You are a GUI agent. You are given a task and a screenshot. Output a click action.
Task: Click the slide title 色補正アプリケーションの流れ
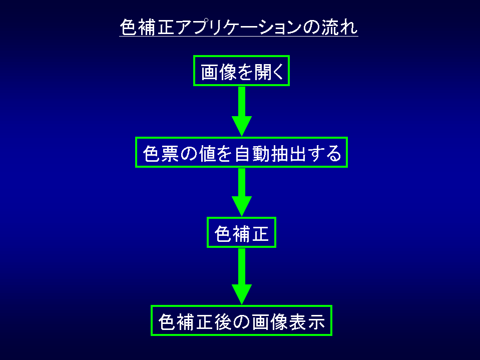tap(239, 27)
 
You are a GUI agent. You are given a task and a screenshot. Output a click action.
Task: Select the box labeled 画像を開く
tap(241, 71)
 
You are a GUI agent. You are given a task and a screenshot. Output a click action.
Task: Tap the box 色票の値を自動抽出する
tap(241, 152)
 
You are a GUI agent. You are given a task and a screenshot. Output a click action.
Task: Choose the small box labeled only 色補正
tap(241, 232)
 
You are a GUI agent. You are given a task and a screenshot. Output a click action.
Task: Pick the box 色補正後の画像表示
tap(241, 321)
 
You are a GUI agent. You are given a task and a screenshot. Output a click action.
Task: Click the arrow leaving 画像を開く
tap(241, 110)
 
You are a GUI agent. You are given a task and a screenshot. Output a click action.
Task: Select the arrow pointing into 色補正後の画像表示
tap(241, 275)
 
